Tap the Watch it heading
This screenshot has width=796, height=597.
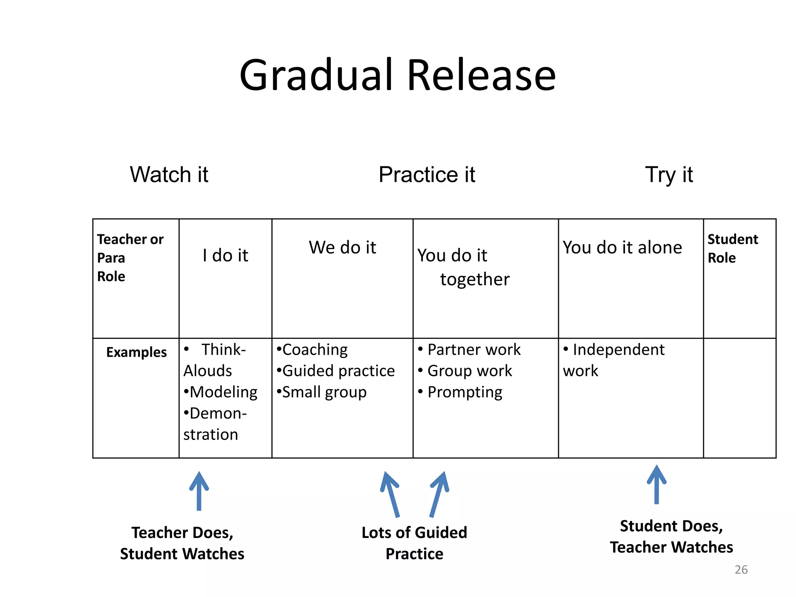169,175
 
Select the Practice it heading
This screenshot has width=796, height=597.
427,175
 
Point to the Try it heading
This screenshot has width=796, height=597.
669,175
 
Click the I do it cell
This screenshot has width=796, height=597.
225,255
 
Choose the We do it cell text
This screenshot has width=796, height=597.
342,247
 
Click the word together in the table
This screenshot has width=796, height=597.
475,279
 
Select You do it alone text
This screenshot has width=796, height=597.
622,247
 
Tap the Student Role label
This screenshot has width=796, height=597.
732,248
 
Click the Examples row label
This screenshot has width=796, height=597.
136,352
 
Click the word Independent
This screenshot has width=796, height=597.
618,349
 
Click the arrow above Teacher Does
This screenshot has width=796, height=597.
199,491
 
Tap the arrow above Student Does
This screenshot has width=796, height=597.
656,484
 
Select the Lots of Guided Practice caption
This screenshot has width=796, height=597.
414,543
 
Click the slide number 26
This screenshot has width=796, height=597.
741,569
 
